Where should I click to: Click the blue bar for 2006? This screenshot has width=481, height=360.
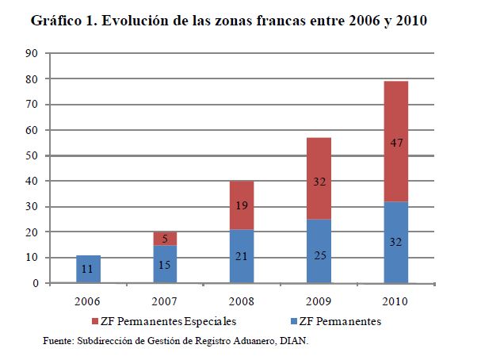89,269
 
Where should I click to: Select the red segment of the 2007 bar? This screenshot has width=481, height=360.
166,238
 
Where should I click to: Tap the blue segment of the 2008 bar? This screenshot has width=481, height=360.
242,256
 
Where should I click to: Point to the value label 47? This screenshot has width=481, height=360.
396,144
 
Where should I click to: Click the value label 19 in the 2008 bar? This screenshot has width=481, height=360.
242,205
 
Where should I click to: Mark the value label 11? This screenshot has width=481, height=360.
89,270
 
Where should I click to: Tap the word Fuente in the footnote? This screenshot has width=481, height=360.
59,341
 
